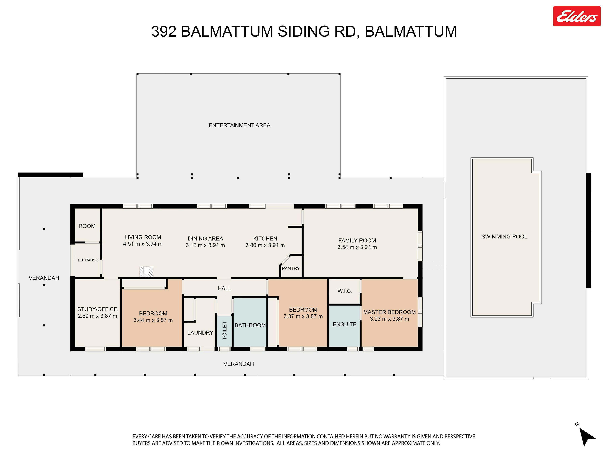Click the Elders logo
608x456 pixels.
pyautogui.click(x=577, y=16)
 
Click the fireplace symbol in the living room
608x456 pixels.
pyautogui.click(x=146, y=272)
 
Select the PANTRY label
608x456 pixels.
pyautogui.click(x=291, y=268)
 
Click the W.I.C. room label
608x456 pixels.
pyautogui.click(x=345, y=291)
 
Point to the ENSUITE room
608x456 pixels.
pyautogui.click(x=344, y=326)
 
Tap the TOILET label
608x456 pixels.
pyautogui.click(x=225, y=330)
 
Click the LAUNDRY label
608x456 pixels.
pyautogui.click(x=200, y=333)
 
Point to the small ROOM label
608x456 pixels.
pyautogui.click(x=87, y=226)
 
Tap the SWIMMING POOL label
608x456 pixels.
pyautogui.click(x=504, y=236)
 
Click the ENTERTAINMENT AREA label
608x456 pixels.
pyautogui.click(x=239, y=125)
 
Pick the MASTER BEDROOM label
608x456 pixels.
pyautogui.click(x=389, y=312)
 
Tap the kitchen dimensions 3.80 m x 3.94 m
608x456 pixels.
pyautogui.click(x=265, y=245)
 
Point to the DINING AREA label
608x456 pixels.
pyautogui.click(x=205, y=239)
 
